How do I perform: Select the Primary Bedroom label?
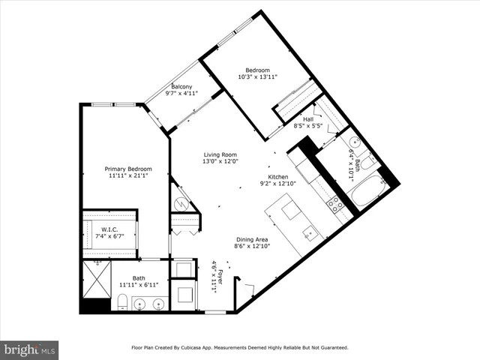pyautogui.click(x=127, y=169)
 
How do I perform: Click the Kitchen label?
pyautogui.click(x=274, y=176)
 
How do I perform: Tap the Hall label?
pyautogui.click(x=307, y=119)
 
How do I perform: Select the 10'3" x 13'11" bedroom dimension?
pyautogui.click(x=257, y=76)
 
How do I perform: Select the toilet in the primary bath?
pyautogui.click(x=121, y=302)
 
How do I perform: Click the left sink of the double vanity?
pyautogui.click(x=139, y=304)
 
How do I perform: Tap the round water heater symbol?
pyautogui.click(x=181, y=202)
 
